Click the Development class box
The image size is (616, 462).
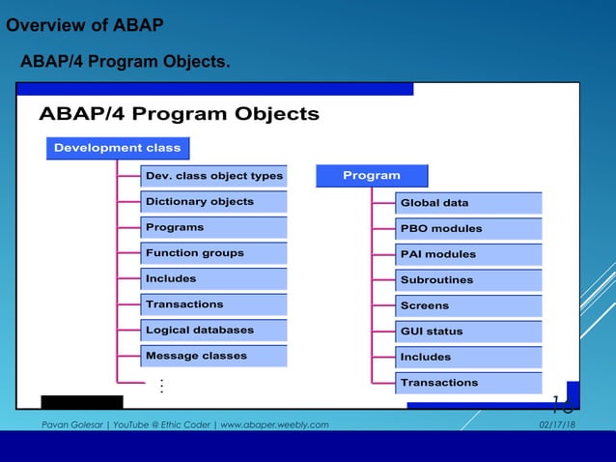pos(117,148)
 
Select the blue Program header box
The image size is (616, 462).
pos(372,175)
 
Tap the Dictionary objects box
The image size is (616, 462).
pos(213,201)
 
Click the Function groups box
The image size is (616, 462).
pos(213,252)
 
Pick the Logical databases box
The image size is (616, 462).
pos(213,330)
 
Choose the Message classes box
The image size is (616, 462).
pos(213,355)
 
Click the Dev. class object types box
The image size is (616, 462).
pos(213,176)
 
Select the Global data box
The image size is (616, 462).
pos(469,203)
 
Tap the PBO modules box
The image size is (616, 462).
pos(469,228)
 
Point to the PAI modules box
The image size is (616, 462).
pos(469,254)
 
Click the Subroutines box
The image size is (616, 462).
pos(469,279)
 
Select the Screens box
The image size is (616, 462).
pos(469,305)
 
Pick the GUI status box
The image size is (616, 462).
pos(469,331)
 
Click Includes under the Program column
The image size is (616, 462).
pos(469,357)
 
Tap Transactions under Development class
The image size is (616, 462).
pos(213,303)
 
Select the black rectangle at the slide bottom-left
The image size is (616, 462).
pos(82,401)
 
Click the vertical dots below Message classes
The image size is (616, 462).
pos(161,387)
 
